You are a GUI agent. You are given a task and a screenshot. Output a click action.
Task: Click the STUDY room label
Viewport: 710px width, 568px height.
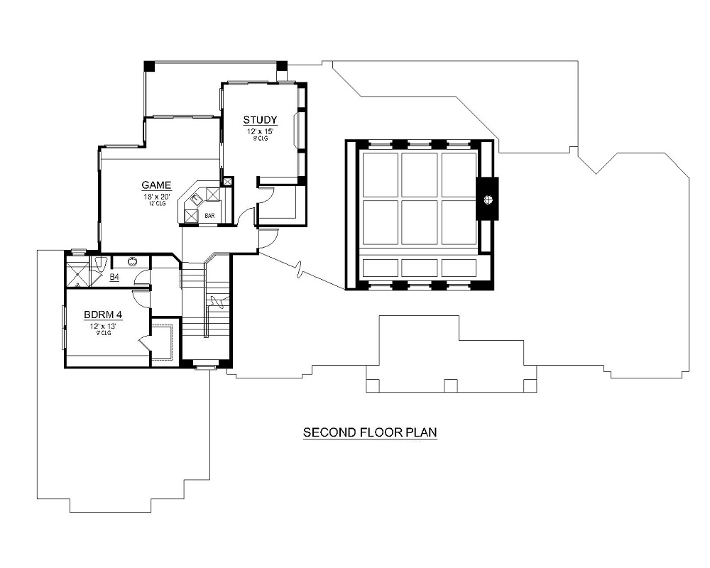[x=260, y=120]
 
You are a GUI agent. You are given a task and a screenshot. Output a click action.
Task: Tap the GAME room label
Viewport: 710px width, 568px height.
[x=156, y=186]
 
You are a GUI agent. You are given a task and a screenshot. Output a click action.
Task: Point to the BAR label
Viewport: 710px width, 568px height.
[x=209, y=215]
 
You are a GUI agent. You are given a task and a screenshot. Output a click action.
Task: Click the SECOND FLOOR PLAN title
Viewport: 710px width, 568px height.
[x=369, y=432]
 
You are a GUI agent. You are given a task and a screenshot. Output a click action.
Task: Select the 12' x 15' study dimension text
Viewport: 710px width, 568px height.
[x=260, y=131]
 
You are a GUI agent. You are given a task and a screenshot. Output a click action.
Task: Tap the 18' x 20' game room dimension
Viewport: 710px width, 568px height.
[x=156, y=197]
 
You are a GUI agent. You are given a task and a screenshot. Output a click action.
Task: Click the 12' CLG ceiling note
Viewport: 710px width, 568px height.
[x=156, y=204]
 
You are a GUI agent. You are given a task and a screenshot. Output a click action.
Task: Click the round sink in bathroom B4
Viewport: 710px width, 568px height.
[x=132, y=261]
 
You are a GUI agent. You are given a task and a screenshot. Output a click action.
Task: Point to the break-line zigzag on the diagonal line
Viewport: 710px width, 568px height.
[x=302, y=271]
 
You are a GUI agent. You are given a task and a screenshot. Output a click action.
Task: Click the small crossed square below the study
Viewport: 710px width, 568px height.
[x=227, y=182]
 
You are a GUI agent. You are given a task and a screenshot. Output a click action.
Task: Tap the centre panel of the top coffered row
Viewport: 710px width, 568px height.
[x=419, y=174]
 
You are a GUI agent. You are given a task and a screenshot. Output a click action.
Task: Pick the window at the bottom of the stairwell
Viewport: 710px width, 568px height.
[x=206, y=367]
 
